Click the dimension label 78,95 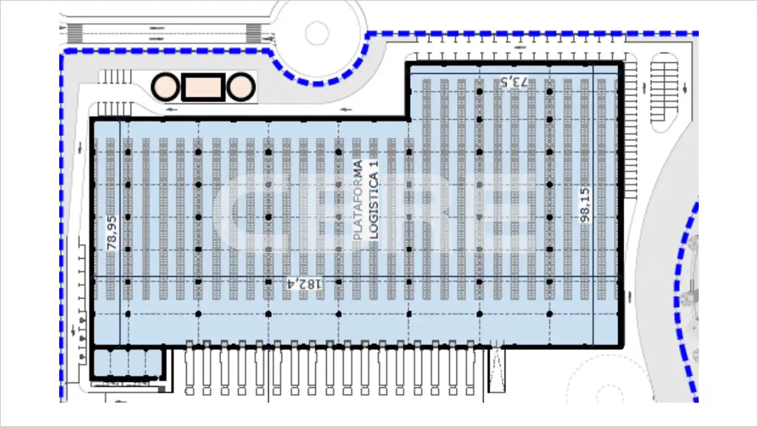coord(112,233)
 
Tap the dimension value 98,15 coord(584,205)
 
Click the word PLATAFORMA coord(358,200)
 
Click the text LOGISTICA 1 coord(374,200)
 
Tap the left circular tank coord(165,87)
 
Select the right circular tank coord(241,87)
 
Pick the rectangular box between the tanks coord(203,87)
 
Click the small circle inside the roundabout coord(317,33)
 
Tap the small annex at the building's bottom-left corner coord(128,362)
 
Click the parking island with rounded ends coord(664,92)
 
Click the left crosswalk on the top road coord(75,33)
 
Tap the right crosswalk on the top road coord(253,33)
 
